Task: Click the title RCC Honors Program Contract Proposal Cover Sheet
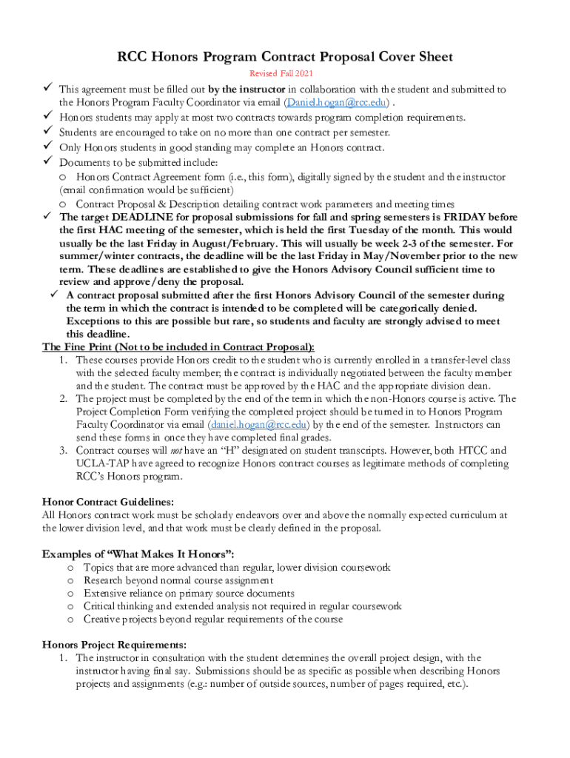[x=285, y=57]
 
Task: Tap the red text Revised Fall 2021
[x=284, y=73]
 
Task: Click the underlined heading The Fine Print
[x=178, y=347]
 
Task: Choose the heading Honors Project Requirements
[x=114, y=644]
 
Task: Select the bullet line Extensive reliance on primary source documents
[x=189, y=594]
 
